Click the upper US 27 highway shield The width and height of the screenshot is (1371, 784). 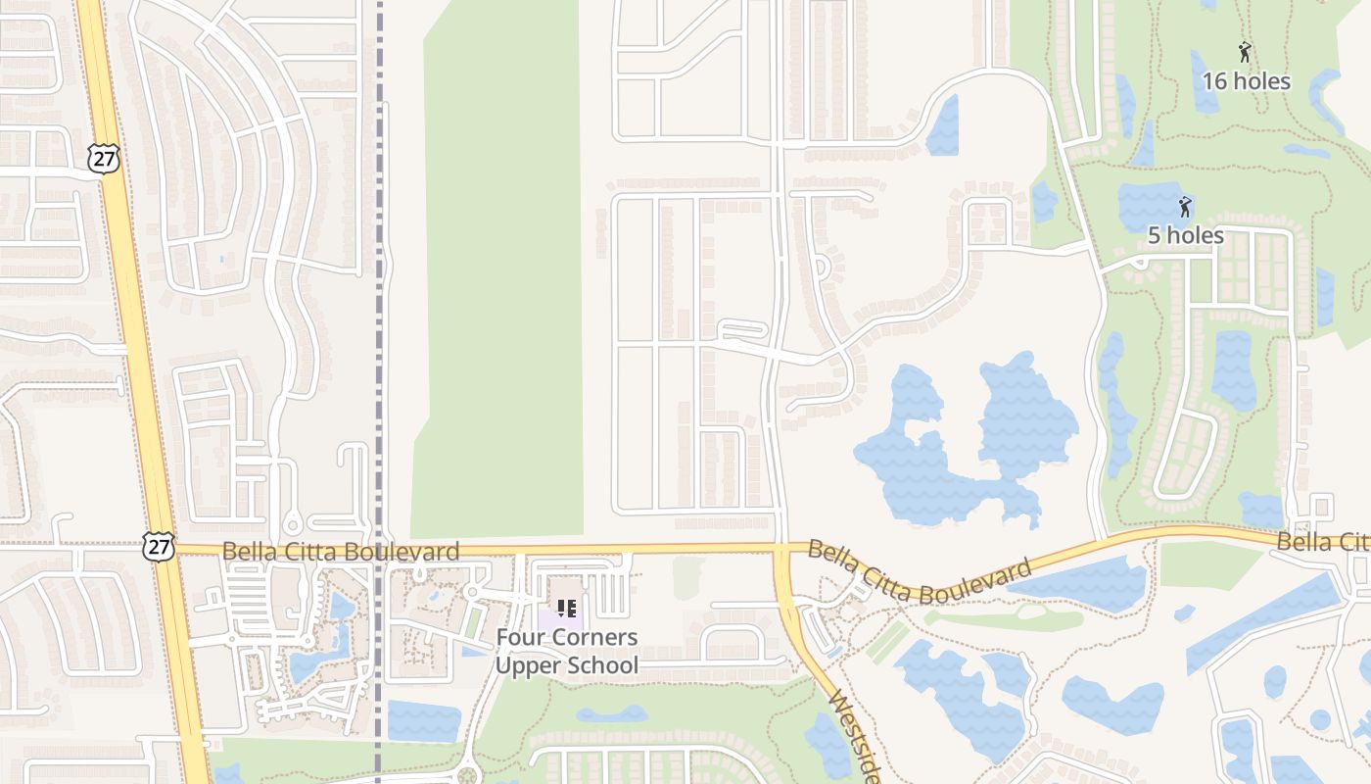coord(102,158)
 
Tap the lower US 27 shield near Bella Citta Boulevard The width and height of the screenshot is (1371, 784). coord(157,546)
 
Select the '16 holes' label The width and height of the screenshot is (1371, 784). coord(1246,81)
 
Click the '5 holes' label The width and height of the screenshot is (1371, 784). coord(1185,235)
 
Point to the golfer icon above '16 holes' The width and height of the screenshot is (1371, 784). coord(1245,52)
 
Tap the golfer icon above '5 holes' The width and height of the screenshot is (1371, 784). coord(1186,207)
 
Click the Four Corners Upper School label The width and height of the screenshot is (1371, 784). coord(566,652)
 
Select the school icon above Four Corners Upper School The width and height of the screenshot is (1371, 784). coord(566,609)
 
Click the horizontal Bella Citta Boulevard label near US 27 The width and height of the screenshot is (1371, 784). coord(340,552)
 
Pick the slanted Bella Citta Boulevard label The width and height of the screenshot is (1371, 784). coord(920,572)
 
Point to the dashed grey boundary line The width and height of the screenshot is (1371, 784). coord(379,294)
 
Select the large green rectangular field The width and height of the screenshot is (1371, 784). coord(499,274)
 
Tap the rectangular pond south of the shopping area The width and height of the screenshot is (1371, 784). coord(423,721)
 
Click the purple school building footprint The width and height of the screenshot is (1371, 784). coord(559,620)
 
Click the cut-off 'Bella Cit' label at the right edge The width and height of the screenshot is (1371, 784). coord(1322,542)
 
